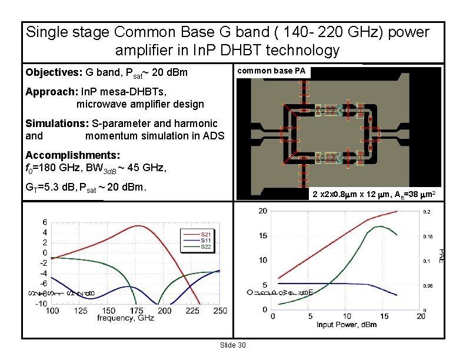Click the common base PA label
point(271,71)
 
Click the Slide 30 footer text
point(232,344)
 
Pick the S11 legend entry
point(206,241)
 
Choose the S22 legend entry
point(206,246)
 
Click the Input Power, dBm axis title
point(347,325)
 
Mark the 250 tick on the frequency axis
point(220,311)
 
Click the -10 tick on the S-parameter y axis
point(41,304)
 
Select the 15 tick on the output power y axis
point(262,236)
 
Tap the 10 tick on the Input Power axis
point(347,316)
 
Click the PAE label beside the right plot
point(441,254)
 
